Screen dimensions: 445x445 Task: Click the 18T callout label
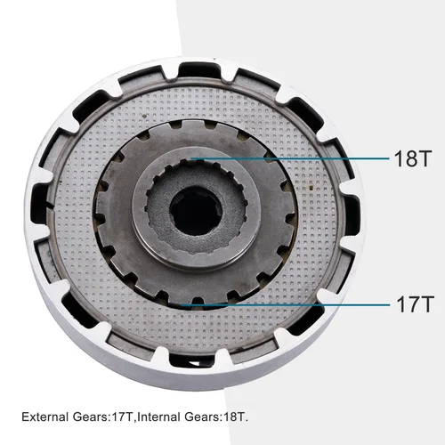(412, 160)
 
